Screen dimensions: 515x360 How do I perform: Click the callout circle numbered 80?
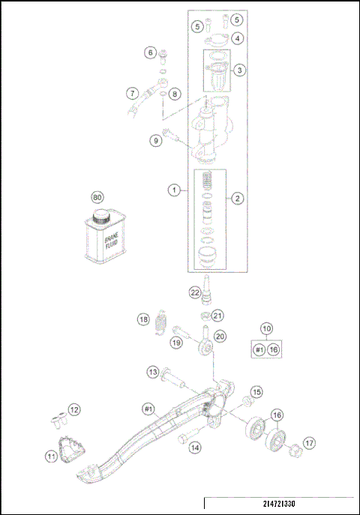point(96,197)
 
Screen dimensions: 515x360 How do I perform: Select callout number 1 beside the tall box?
point(173,191)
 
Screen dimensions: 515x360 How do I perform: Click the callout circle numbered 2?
point(237,199)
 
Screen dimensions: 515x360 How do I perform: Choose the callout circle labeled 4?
point(237,37)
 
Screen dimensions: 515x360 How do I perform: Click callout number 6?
point(150,52)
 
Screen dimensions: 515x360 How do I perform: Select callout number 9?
point(155,139)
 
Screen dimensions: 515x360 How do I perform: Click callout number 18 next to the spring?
point(142,319)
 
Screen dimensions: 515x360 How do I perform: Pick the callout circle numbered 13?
point(152,372)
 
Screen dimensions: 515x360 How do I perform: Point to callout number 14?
point(195,448)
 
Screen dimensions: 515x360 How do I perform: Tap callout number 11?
point(51,455)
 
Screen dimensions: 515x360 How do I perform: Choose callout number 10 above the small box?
point(265,328)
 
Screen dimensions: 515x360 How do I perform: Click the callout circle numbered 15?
point(256,392)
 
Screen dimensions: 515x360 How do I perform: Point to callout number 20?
point(220,337)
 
